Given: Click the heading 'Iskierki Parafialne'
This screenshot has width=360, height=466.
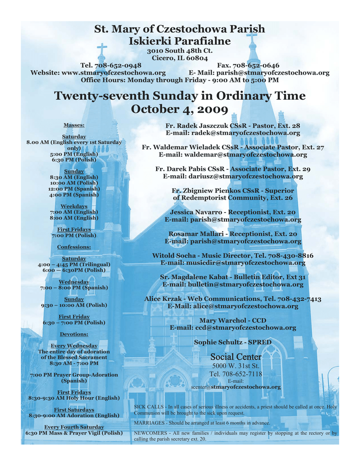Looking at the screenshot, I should [179, 41].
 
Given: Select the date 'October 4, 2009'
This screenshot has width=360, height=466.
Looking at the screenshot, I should [179, 109].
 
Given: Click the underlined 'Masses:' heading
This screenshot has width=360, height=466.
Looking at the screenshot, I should [74, 125].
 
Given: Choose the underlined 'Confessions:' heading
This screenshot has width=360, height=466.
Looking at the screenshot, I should [74, 247].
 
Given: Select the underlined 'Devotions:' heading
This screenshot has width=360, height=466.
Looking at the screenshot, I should [74, 334].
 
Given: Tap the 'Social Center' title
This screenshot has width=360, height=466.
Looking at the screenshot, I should [236, 357].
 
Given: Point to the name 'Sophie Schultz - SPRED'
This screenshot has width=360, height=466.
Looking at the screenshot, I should [233, 342].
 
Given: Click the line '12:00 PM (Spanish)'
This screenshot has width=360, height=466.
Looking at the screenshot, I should [74, 188].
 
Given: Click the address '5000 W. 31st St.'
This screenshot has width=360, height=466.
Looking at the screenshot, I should [236, 366].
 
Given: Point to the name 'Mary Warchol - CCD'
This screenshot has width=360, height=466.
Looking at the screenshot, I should [233, 320].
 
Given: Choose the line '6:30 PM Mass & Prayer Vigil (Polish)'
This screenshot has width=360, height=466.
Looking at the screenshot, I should [74, 433].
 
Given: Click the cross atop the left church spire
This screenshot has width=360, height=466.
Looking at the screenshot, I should [102, 49].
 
